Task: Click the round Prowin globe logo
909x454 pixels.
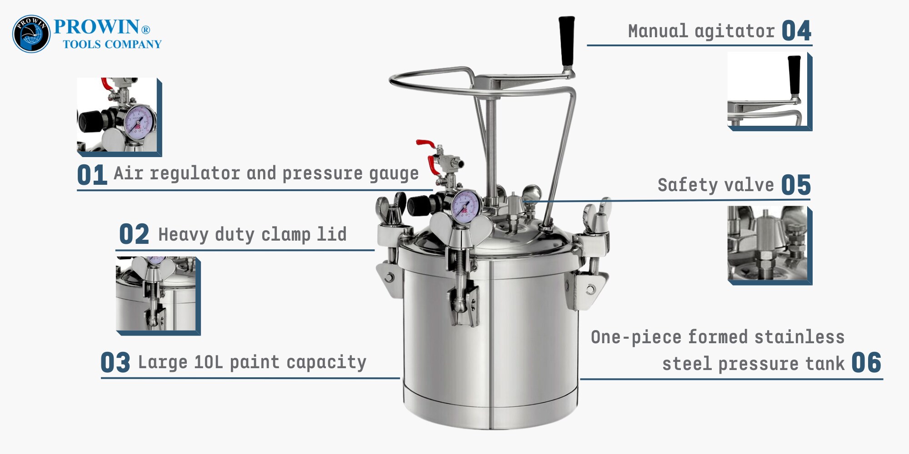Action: click(x=31, y=34)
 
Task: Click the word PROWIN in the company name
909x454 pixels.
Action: click(x=96, y=27)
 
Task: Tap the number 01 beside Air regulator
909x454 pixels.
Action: click(x=92, y=175)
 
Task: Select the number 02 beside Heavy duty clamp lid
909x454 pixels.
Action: click(x=134, y=234)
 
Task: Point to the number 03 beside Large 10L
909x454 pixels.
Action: click(x=115, y=363)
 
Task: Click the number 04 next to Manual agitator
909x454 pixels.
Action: click(x=796, y=31)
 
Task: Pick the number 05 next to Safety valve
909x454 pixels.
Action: click(x=796, y=185)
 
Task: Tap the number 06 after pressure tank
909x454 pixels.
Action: click(x=866, y=363)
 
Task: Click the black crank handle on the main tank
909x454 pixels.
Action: click(x=567, y=42)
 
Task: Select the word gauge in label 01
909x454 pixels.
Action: click(x=394, y=174)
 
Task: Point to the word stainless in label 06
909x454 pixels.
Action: click(x=799, y=337)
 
